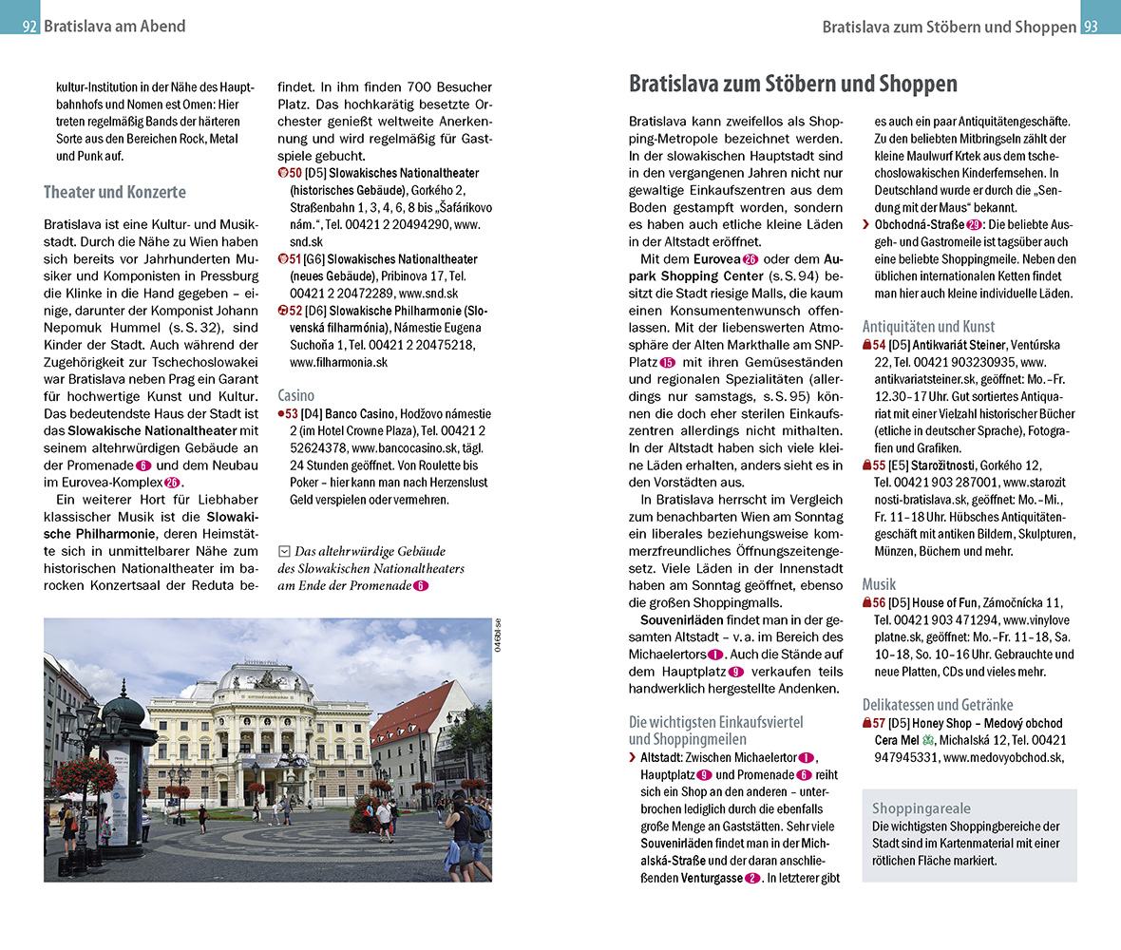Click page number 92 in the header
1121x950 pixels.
click(29, 27)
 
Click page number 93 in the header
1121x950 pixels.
click(1092, 27)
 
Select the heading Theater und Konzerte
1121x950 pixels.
click(114, 192)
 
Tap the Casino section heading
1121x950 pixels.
click(295, 395)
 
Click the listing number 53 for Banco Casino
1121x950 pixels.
click(289, 414)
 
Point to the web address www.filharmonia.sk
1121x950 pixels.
click(338, 362)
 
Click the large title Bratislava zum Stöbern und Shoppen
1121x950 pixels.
click(792, 85)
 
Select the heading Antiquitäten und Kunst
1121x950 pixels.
click(928, 326)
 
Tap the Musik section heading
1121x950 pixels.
click(879, 584)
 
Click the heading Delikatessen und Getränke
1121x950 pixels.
click(938, 705)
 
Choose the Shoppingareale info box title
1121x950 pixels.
click(921, 808)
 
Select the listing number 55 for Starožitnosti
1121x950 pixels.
click(880, 465)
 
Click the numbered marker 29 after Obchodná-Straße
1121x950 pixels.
click(974, 225)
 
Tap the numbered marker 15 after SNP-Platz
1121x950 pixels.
click(667, 363)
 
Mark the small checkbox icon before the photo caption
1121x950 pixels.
click(283, 551)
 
